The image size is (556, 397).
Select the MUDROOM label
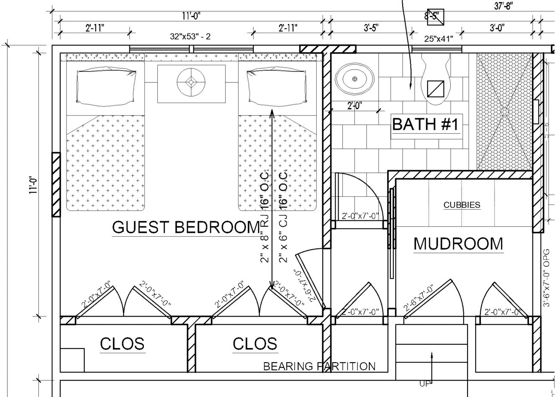pos(458,244)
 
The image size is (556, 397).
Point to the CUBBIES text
pos(462,205)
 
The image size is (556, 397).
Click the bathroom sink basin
pos(354,79)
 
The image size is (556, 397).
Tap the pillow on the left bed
pos(107,87)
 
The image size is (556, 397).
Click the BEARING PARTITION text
pos(319,366)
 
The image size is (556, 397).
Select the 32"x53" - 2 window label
pos(190,37)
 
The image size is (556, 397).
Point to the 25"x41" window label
pos(439,39)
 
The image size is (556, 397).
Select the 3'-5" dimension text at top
pos(370,28)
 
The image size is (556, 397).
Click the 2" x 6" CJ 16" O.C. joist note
pos(283,217)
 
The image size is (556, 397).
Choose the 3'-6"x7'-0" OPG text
pos(547,277)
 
